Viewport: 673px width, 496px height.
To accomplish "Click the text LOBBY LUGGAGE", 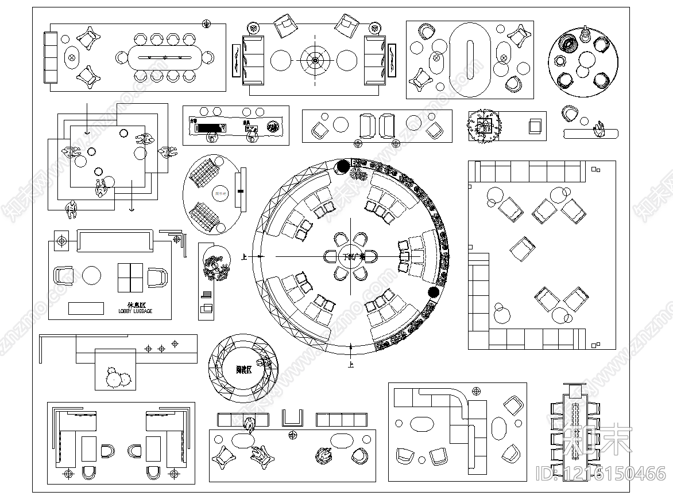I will click(x=135, y=311).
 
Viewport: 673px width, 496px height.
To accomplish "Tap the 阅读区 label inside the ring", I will click(x=244, y=369).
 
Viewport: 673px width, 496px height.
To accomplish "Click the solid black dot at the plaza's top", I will click(x=342, y=166).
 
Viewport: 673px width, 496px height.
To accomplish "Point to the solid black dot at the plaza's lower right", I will click(x=434, y=292).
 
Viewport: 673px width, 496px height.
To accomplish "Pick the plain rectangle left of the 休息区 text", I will click(x=86, y=308).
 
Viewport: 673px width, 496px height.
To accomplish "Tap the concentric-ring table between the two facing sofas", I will click(x=315, y=60).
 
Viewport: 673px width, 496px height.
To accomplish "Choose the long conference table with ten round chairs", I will click(x=165, y=57).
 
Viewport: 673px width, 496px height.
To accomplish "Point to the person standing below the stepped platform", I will click(x=72, y=209).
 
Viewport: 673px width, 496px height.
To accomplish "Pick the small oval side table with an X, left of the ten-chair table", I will click(x=72, y=57).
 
